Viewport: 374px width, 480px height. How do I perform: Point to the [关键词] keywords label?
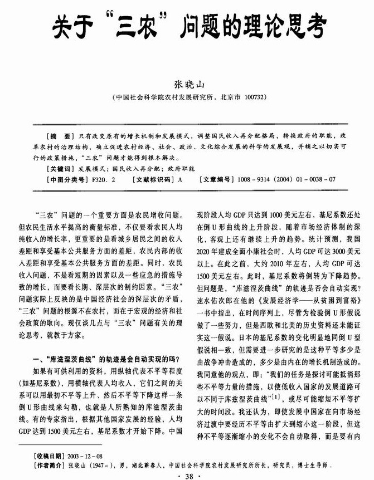click(61, 168)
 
